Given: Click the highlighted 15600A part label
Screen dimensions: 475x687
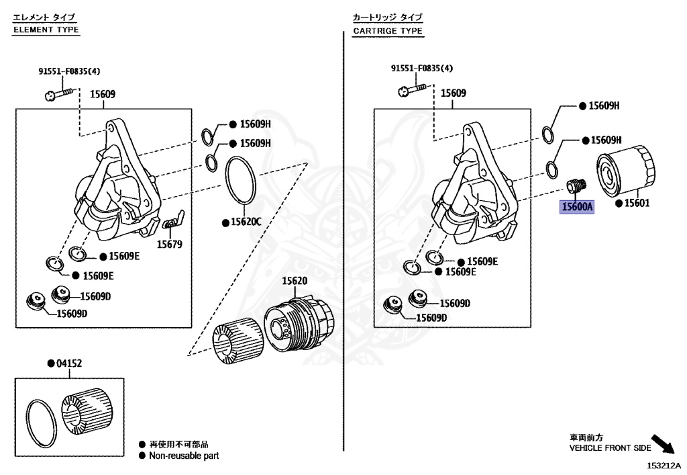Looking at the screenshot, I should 577,207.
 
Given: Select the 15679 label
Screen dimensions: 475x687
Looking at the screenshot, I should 169,245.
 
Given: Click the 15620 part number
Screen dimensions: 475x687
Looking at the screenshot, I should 293,281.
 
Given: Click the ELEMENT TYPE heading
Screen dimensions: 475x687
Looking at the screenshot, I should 46,30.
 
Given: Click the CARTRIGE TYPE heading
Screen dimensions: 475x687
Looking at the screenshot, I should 388,31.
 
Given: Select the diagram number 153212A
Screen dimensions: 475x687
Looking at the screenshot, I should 664,465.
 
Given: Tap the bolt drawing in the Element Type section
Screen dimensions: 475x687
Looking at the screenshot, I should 57,95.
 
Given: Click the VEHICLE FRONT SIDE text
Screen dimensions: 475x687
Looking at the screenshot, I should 610,447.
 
